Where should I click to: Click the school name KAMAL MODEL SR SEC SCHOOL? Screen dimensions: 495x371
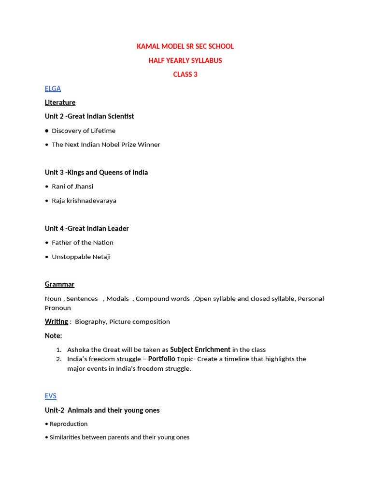click(x=185, y=46)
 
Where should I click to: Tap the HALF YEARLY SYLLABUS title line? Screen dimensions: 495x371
click(x=185, y=60)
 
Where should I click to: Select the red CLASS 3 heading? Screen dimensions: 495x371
click(x=185, y=74)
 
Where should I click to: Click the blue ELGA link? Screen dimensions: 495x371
click(x=53, y=88)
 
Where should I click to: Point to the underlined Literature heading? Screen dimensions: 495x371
click(x=60, y=102)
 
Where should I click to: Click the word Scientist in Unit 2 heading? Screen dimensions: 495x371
click(x=119, y=116)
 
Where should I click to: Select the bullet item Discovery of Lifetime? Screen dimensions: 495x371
click(x=84, y=131)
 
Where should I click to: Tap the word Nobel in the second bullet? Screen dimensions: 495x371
click(x=114, y=145)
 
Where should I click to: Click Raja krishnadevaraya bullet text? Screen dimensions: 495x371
click(x=84, y=201)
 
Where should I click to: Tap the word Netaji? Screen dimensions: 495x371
click(x=99, y=257)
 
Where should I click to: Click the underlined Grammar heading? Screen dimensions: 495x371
click(x=59, y=284)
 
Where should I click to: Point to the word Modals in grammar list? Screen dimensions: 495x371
click(x=117, y=299)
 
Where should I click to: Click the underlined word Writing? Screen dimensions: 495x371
click(x=57, y=321)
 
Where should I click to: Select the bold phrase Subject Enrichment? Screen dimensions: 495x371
click(x=200, y=349)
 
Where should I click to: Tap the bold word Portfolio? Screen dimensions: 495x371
click(x=161, y=359)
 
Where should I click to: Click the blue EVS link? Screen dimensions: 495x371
click(x=51, y=396)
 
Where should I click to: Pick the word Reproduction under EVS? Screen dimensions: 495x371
click(x=69, y=424)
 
